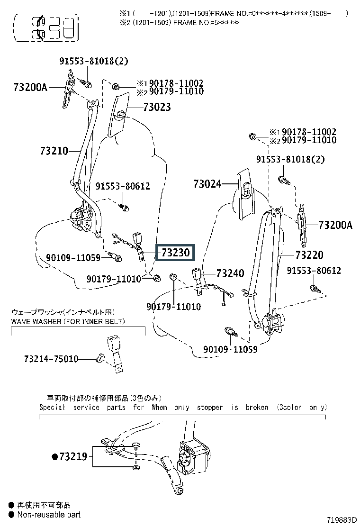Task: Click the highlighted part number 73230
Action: (175, 253)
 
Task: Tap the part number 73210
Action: (54, 151)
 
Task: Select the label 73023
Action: (157, 107)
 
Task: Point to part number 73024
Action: (207, 184)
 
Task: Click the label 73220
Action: (309, 255)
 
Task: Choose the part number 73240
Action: (230, 273)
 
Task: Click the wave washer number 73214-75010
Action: (51, 359)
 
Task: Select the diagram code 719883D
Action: (342, 520)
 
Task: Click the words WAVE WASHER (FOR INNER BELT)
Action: (68, 322)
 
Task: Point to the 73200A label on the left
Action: (31, 87)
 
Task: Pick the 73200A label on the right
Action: (335, 225)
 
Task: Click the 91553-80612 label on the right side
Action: (314, 271)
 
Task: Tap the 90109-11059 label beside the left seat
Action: (73, 258)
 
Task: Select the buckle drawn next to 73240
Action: (197, 278)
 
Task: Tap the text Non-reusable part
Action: (49, 515)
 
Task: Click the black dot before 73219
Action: (55, 457)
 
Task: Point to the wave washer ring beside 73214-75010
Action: (100, 358)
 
